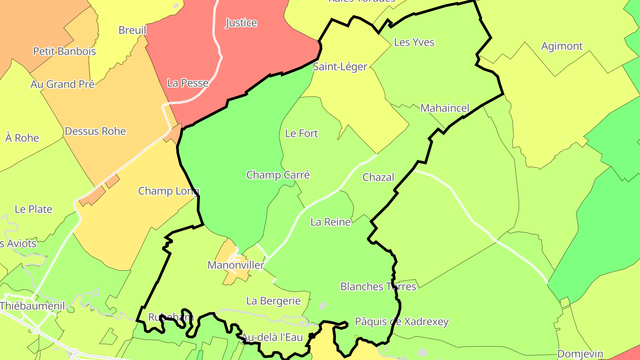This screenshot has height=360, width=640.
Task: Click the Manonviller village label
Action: [x=236, y=265]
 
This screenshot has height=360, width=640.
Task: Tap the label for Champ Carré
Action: [x=278, y=175]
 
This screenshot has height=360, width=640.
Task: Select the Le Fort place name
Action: [x=302, y=133]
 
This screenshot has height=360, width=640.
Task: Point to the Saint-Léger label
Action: [x=340, y=67]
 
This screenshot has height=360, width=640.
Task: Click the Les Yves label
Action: [x=414, y=43]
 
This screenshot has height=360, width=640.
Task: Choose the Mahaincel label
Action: [x=444, y=108]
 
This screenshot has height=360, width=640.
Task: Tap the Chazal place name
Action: [x=378, y=177]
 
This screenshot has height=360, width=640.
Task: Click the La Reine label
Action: [x=331, y=222]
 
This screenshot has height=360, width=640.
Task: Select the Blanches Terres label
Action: [x=378, y=287]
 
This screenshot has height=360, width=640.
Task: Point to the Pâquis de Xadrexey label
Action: [x=402, y=322]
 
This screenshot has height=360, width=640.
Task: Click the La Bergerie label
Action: [x=273, y=301]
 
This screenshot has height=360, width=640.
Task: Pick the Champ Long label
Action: [x=168, y=191]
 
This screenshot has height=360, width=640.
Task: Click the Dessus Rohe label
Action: [x=96, y=132]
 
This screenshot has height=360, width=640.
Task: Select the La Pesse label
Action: [x=188, y=83]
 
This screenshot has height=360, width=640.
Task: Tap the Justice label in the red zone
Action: [x=241, y=23]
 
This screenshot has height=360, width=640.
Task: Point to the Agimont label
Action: [x=562, y=46]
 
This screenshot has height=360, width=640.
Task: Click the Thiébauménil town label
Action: [x=32, y=306]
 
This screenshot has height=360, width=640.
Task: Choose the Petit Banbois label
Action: [x=64, y=52]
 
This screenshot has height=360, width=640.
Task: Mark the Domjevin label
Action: [x=580, y=354]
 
